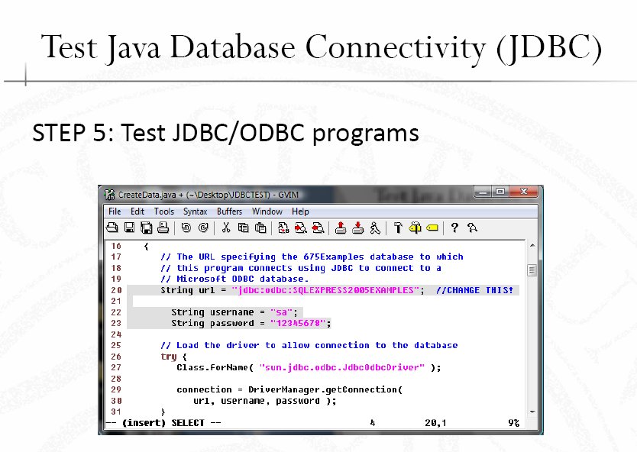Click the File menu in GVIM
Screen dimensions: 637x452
(x=115, y=211)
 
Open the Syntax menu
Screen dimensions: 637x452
(x=195, y=211)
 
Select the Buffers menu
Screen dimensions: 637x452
(x=229, y=211)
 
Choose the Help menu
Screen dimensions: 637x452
(x=300, y=211)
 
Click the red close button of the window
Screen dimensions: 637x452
(x=525, y=192)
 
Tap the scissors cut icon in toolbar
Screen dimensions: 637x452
(x=226, y=228)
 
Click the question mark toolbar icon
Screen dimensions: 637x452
(x=454, y=228)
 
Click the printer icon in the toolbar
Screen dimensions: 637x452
(x=163, y=228)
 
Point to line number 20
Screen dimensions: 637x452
(x=116, y=290)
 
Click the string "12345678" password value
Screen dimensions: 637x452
(x=298, y=323)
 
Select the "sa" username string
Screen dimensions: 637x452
(x=281, y=312)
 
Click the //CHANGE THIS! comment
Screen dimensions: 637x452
(x=474, y=290)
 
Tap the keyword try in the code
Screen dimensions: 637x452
(x=169, y=357)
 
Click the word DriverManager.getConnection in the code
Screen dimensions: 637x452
(x=323, y=390)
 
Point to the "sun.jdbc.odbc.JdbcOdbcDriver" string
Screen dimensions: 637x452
(x=342, y=367)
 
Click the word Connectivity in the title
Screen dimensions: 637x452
(x=395, y=48)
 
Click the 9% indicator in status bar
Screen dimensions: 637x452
(x=513, y=423)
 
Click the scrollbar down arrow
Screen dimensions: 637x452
(x=532, y=412)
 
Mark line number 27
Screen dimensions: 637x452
(x=116, y=367)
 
